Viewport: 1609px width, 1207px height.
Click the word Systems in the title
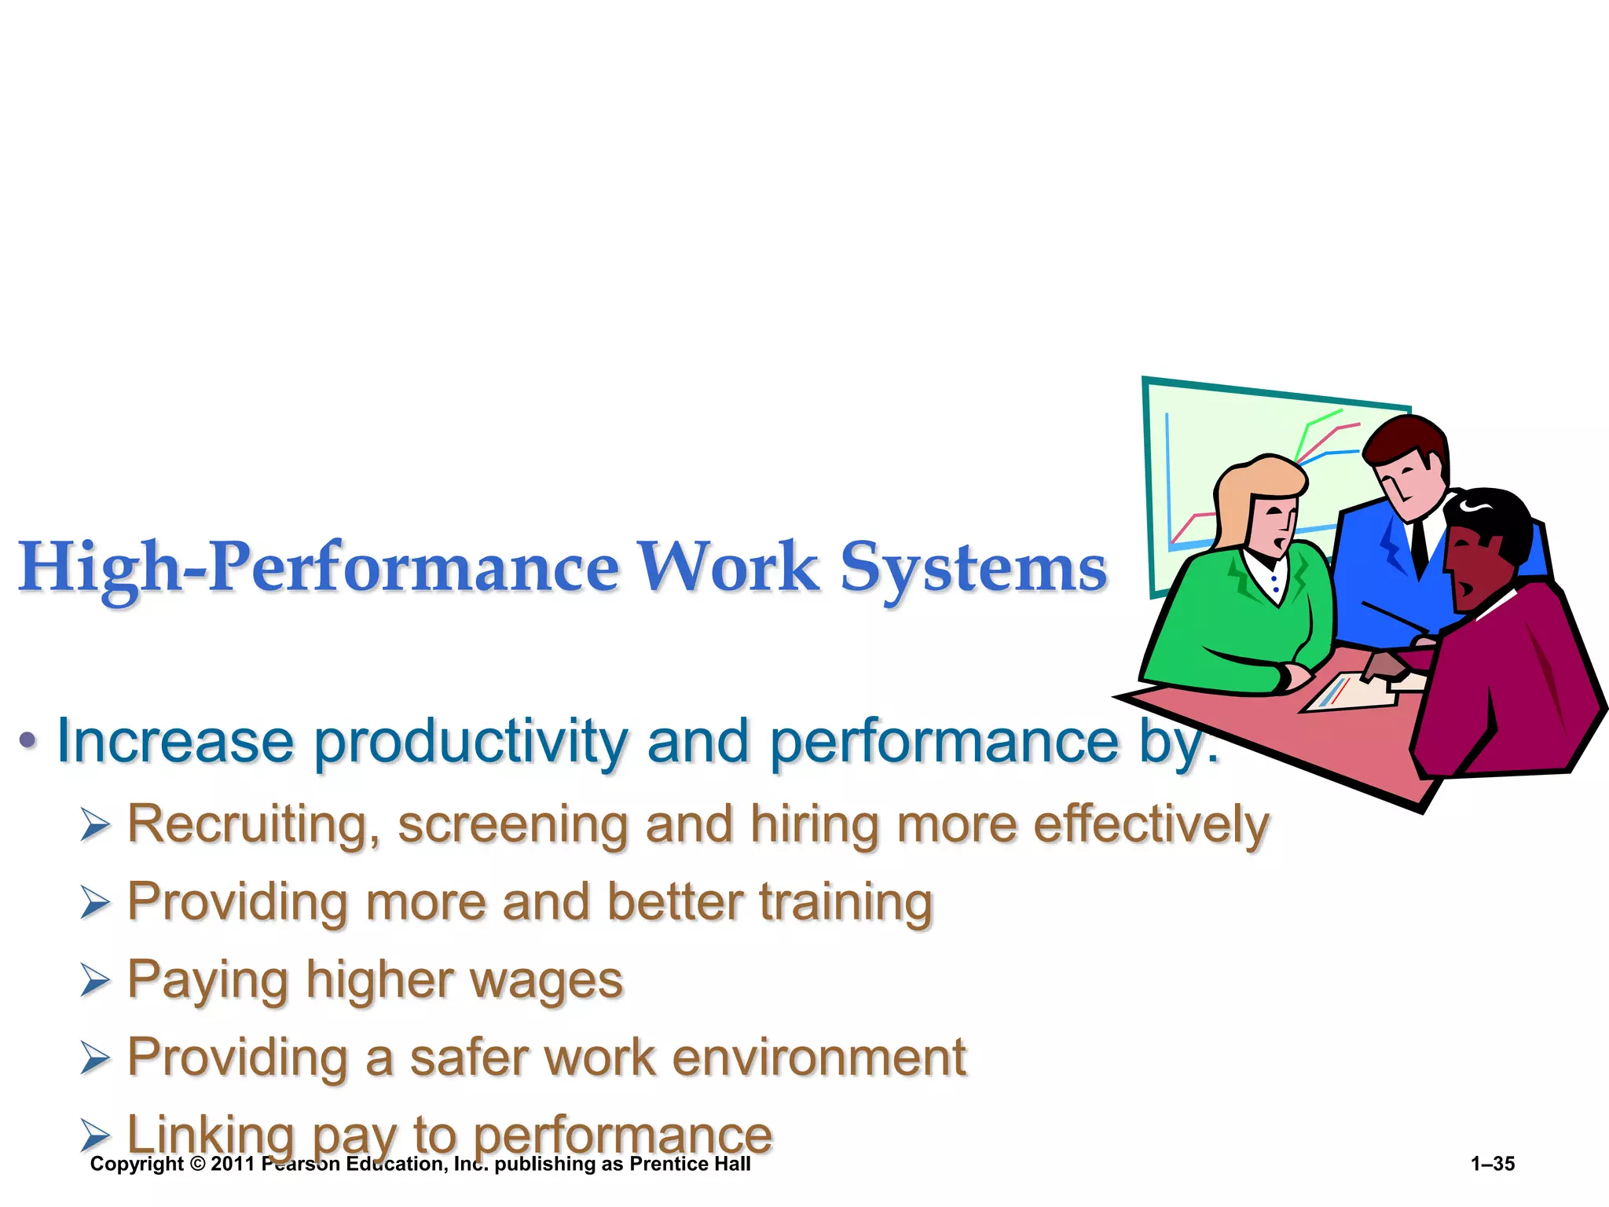click(973, 567)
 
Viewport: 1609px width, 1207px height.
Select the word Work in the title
click(728, 567)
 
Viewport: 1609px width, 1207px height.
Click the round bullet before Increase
click(28, 739)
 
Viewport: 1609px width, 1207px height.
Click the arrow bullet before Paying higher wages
click(95, 980)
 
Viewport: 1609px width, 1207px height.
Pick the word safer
click(468, 1058)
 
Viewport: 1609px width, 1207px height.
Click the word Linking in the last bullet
click(211, 1135)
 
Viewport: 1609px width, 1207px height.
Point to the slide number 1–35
click(1493, 1164)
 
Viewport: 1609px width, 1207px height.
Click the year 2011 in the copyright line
click(233, 1164)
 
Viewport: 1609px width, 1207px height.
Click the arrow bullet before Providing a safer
click(95, 1058)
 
